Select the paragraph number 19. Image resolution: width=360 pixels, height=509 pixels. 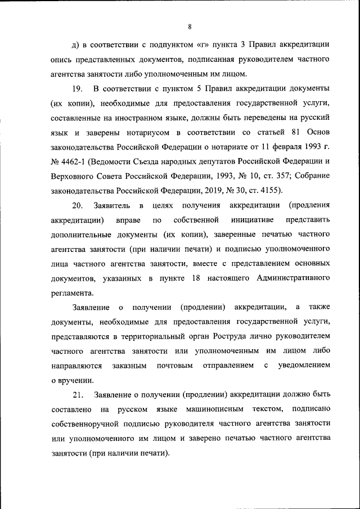(78, 89)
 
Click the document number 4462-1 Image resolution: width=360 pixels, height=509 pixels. (75, 162)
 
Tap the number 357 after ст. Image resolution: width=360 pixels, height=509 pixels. (266, 177)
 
